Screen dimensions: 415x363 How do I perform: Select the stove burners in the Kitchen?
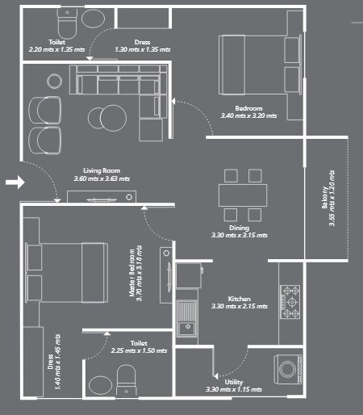(x=290, y=300)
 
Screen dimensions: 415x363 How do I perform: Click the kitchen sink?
(x=190, y=316)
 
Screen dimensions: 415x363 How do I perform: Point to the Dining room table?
(x=242, y=195)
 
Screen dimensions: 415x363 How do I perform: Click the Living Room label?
(x=102, y=174)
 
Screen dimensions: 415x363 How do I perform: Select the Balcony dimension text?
(x=329, y=198)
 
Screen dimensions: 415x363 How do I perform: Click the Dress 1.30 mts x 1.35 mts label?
(x=142, y=45)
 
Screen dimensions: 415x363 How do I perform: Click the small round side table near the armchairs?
(x=54, y=80)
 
